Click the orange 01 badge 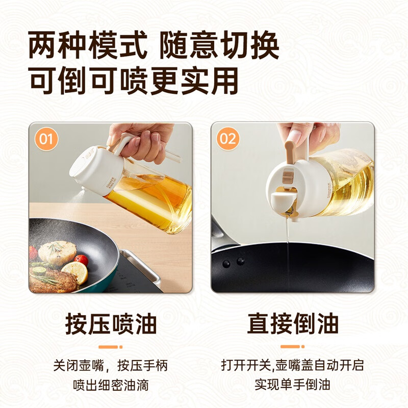[x=47, y=139]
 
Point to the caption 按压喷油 [x=111, y=323]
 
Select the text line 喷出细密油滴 [x=111, y=382]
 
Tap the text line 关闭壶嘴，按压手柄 [x=111, y=366]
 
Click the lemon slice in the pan [x=75, y=272]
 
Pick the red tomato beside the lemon [x=81, y=260]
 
